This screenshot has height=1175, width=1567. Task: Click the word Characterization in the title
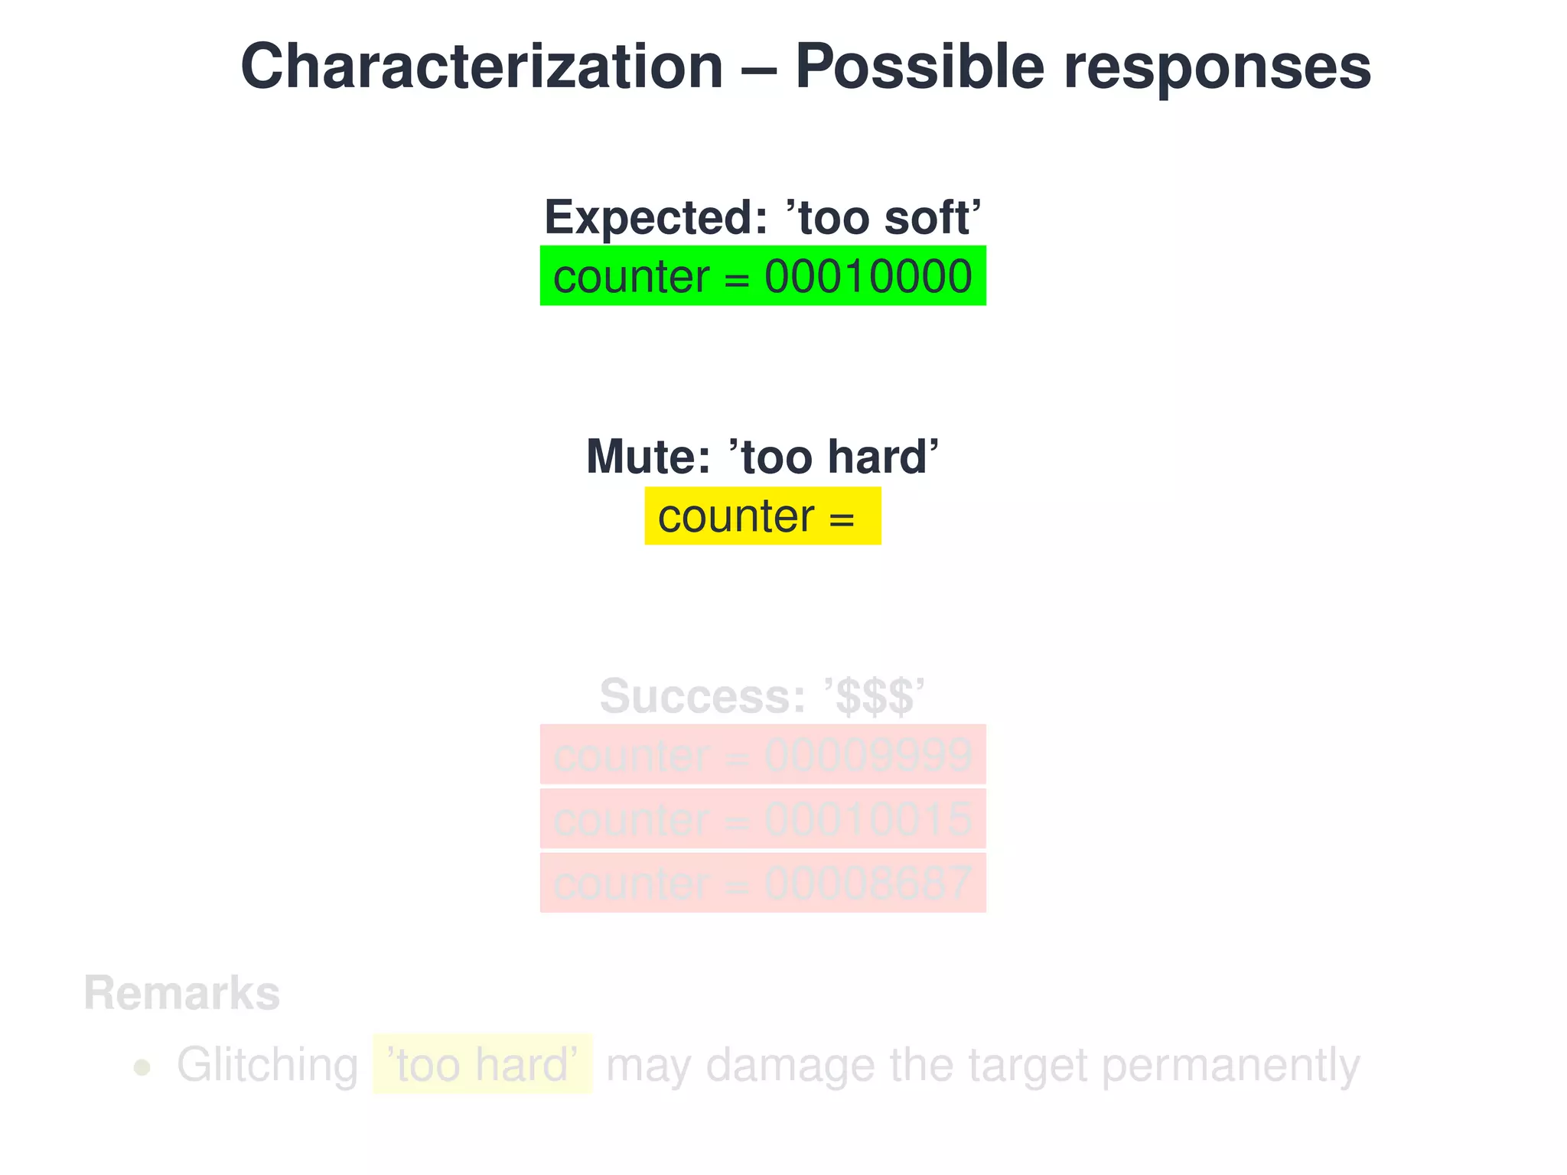click(x=481, y=67)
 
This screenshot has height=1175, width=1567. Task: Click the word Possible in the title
click(x=919, y=67)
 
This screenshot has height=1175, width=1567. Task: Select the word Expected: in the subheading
click(x=655, y=218)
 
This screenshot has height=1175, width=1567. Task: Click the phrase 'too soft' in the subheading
click(x=883, y=218)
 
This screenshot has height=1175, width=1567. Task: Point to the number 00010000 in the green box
click(x=868, y=277)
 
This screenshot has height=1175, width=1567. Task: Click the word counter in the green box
click(x=631, y=277)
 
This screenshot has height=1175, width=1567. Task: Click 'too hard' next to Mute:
click(x=833, y=457)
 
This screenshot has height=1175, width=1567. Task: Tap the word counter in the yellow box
click(x=735, y=516)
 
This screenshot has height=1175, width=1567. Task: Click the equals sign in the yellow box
click(x=841, y=519)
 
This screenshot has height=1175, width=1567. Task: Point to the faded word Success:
click(x=702, y=696)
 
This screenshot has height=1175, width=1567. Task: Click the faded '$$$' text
click(x=874, y=696)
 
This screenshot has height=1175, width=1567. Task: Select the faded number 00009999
click(x=868, y=756)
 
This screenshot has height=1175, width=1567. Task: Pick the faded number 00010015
click(x=868, y=820)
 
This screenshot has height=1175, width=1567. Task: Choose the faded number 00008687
click(x=868, y=884)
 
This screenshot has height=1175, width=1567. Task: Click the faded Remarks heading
click(x=181, y=994)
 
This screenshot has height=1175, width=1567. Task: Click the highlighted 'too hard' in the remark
click(x=483, y=1065)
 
